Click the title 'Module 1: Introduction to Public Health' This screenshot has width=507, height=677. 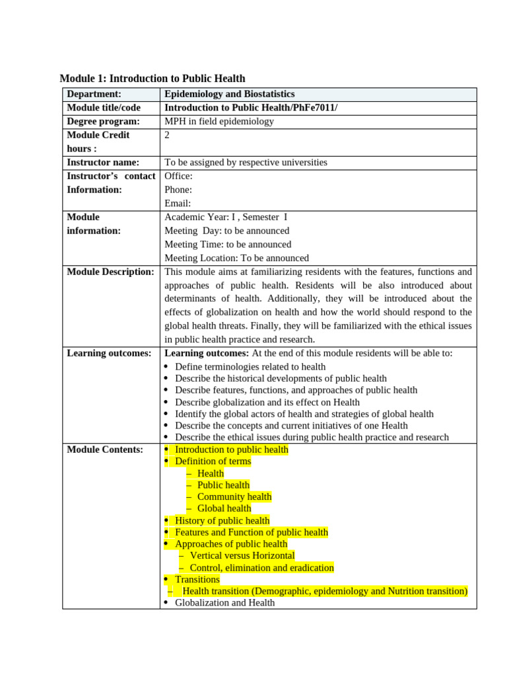(152, 79)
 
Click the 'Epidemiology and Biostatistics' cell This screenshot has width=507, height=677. (229, 95)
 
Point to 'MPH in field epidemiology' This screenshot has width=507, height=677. (219, 121)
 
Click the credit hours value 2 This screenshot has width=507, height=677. (168, 135)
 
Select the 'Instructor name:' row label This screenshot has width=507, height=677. (103, 162)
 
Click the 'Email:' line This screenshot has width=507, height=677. (178, 204)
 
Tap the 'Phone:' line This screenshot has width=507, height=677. (178, 190)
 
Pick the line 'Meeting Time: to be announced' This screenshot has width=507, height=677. (228, 245)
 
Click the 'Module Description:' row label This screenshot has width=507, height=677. (110, 272)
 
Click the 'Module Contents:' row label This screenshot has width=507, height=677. (105, 450)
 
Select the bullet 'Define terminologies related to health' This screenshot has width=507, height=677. (250, 367)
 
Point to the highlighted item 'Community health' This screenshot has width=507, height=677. (234, 497)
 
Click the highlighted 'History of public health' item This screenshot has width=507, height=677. (222, 520)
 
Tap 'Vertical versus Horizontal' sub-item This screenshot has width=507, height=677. (242, 555)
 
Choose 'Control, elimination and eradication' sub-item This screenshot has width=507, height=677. (261, 567)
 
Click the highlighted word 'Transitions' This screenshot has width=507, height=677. (197, 579)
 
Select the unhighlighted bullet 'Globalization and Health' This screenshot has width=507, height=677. (224, 603)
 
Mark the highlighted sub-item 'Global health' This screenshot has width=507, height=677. (224, 508)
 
